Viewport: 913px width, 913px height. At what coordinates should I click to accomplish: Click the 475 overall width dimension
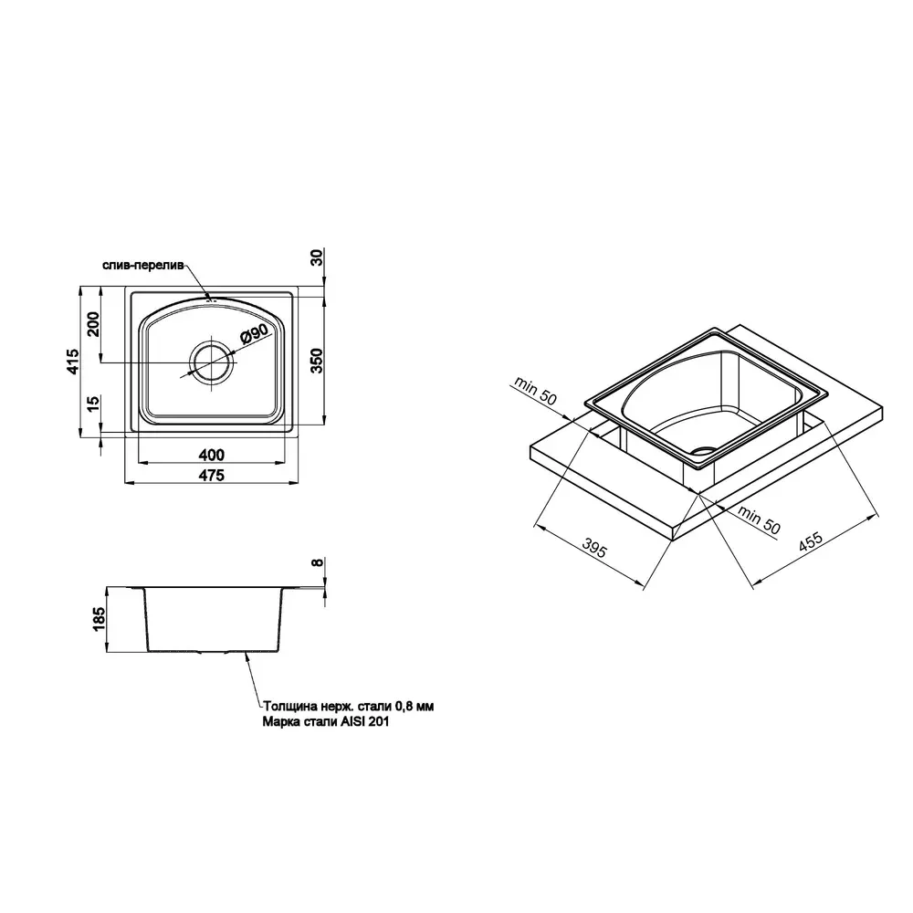coord(212,476)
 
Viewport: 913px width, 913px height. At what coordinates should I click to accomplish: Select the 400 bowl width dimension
coord(212,455)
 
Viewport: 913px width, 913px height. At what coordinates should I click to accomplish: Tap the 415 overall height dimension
coord(73,361)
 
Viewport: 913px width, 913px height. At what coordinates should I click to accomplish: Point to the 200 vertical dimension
coord(93,324)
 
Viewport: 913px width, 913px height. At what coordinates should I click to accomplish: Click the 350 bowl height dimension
coord(315,361)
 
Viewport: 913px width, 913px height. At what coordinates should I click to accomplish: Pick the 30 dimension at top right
coord(316,257)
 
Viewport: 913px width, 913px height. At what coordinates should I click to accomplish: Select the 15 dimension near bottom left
coord(93,404)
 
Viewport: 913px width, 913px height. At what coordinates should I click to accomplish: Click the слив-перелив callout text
coord(143,266)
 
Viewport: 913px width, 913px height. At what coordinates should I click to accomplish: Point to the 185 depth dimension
coord(99,619)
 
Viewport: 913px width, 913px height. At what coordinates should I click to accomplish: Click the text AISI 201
coord(364,722)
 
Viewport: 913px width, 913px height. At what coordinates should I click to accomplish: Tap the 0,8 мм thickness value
coord(414,707)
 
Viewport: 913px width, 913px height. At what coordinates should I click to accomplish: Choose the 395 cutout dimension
coord(595,548)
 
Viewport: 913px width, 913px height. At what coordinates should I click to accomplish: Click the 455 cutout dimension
coord(810,540)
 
